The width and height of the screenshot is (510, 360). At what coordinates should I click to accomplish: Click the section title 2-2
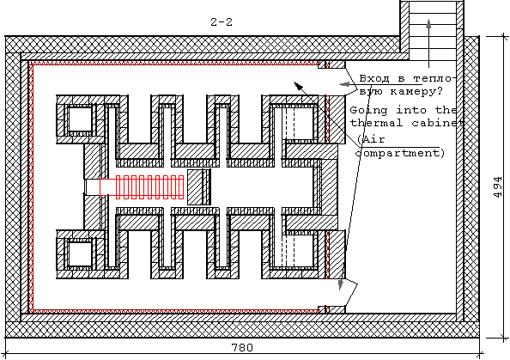pos(222,22)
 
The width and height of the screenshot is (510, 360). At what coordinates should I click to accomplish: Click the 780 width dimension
pos(242,348)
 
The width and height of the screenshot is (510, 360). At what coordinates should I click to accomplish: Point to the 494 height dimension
pos(498,187)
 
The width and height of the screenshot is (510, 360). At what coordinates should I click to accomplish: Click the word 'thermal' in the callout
pos(376,123)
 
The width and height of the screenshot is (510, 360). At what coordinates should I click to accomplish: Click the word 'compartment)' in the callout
pos(400,153)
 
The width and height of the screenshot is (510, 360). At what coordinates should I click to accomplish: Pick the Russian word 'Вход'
pos(374,78)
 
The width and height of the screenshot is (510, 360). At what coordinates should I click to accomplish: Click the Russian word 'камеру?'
pos(416,91)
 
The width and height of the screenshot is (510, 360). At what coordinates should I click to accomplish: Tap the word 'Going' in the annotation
pos(368,110)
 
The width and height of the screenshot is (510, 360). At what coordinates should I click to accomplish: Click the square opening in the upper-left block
pos(80,119)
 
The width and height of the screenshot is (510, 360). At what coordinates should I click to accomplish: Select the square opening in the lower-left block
pos(80,254)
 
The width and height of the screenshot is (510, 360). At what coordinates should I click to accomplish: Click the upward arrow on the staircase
pos(428,43)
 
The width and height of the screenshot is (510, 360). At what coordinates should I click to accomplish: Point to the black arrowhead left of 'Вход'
pos(298,86)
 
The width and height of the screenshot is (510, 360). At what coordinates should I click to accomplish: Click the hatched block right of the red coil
pos(199,186)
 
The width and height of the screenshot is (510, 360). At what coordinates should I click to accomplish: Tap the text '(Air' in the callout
pos(371,139)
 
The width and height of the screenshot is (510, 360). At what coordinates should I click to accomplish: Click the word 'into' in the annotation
pos(411,110)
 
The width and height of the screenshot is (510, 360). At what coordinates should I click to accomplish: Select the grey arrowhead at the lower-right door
pos(341,284)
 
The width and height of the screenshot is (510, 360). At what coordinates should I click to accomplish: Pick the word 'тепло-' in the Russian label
pos(434,78)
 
